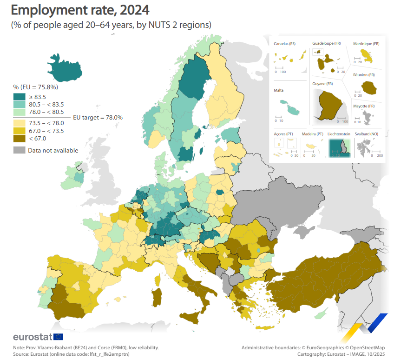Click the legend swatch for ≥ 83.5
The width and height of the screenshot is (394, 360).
[x=19, y=97]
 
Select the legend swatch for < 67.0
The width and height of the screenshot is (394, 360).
[x=19, y=138]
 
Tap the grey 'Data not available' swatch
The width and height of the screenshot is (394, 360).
[x=19, y=150]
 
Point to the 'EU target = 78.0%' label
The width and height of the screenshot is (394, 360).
[x=98, y=118]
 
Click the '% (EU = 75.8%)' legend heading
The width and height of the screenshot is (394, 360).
[x=35, y=87]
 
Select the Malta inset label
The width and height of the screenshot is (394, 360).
[x=279, y=91]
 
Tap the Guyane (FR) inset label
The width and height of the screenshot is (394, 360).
[x=322, y=84]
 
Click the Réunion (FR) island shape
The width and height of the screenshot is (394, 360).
[x=369, y=87]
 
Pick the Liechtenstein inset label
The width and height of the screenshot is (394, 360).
[x=339, y=134]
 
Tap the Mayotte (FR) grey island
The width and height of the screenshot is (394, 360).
[x=368, y=115]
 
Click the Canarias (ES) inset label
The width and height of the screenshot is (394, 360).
[x=285, y=44]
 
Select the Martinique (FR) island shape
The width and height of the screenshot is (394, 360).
[x=368, y=57]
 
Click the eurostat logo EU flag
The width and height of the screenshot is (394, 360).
[x=59, y=337]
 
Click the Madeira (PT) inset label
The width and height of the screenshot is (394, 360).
[x=312, y=134]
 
